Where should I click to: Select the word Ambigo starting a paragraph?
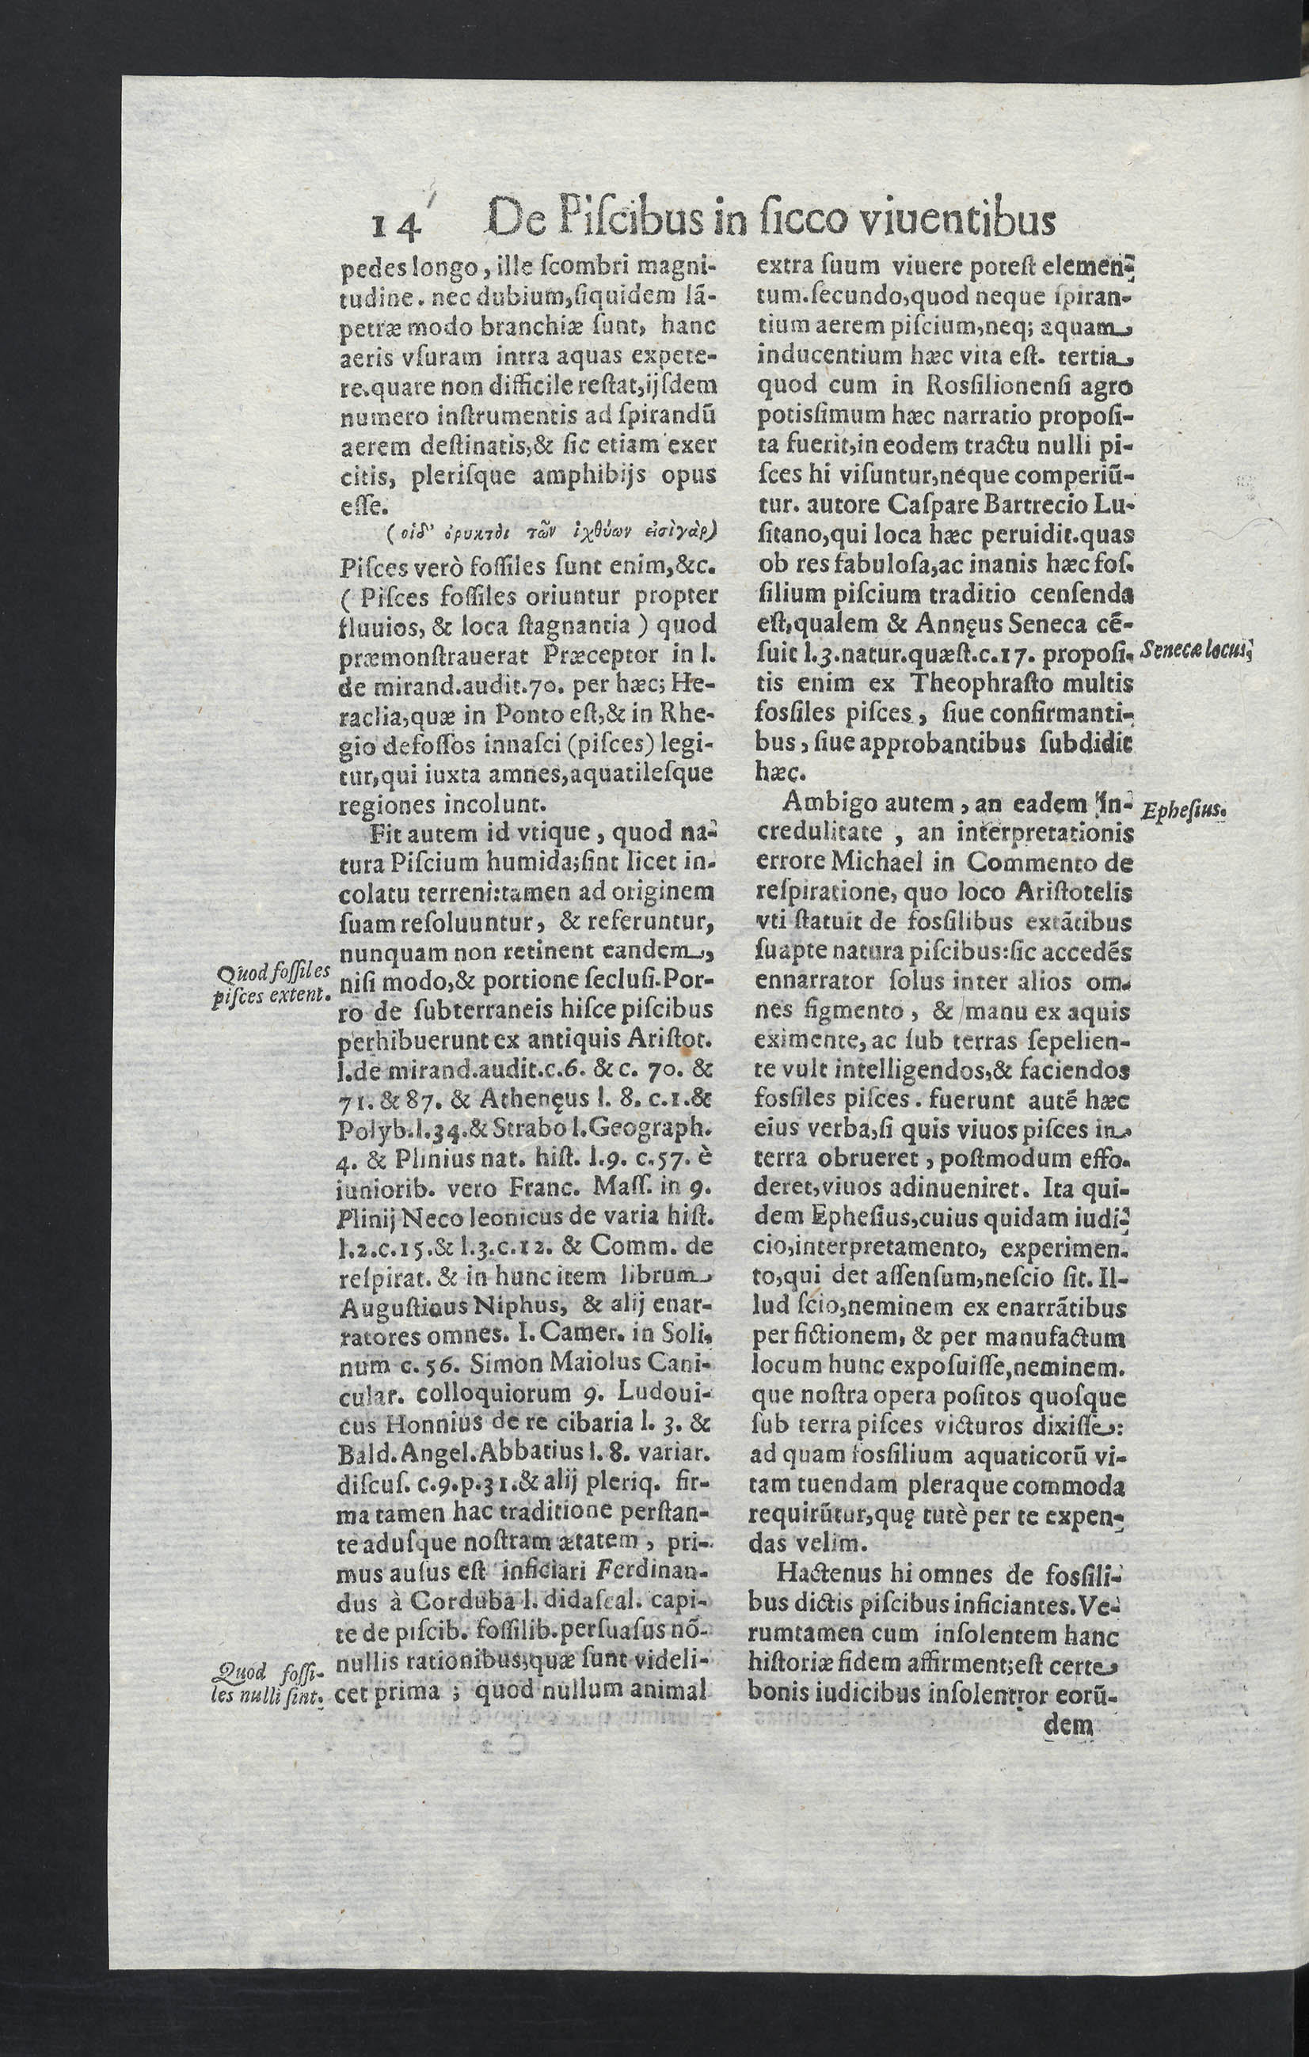(825, 803)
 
